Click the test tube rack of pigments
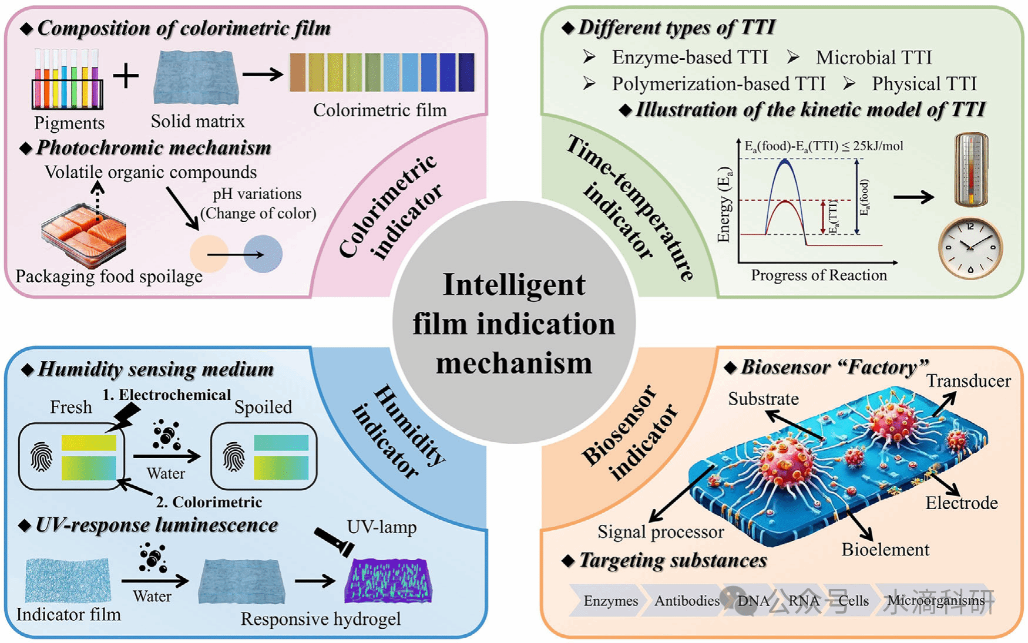[x=67, y=81]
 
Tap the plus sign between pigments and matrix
[x=126, y=76]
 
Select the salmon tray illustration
[x=84, y=234]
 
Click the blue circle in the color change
[x=263, y=254]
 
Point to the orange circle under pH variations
[x=209, y=254]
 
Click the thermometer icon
[x=971, y=170]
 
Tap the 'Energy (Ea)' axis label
[x=724, y=205]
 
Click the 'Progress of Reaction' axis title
[x=819, y=275]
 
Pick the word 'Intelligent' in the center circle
[x=514, y=285]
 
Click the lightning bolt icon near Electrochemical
[x=126, y=416]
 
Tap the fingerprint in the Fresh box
[x=41, y=457]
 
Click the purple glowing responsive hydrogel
[x=388, y=581]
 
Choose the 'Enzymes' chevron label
[x=610, y=601]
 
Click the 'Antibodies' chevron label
[x=687, y=601]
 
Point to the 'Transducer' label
[x=969, y=381]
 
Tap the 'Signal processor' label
[x=661, y=532]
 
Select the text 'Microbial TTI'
[x=874, y=58]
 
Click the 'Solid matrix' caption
[x=197, y=121]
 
